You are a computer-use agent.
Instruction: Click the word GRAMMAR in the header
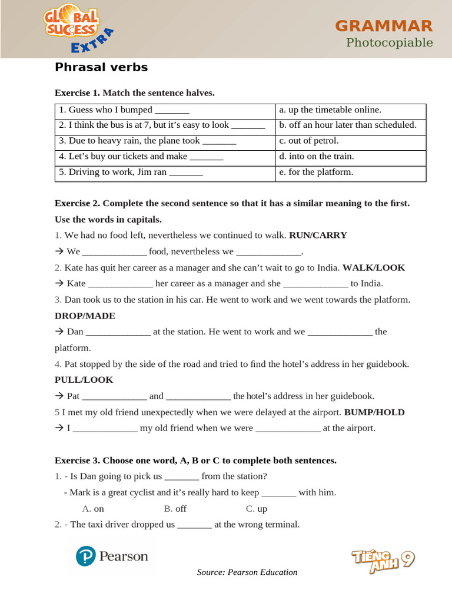pyautogui.click(x=384, y=26)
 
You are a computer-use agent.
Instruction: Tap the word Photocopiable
pyautogui.click(x=389, y=42)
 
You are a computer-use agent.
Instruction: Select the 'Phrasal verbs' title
pyautogui.click(x=101, y=67)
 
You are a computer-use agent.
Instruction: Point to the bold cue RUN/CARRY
pyautogui.click(x=318, y=236)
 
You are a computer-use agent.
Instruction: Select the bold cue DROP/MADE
pyautogui.click(x=85, y=316)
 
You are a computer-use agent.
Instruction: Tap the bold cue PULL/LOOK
pyautogui.click(x=84, y=380)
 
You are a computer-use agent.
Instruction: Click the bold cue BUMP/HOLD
pyautogui.click(x=374, y=412)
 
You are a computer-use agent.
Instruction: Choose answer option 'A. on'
pyautogui.click(x=93, y=509)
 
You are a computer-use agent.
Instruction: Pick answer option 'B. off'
pyautogui.click(x=175, y=509)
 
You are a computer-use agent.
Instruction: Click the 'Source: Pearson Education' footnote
pyautogui.click(x=247, y=572)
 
